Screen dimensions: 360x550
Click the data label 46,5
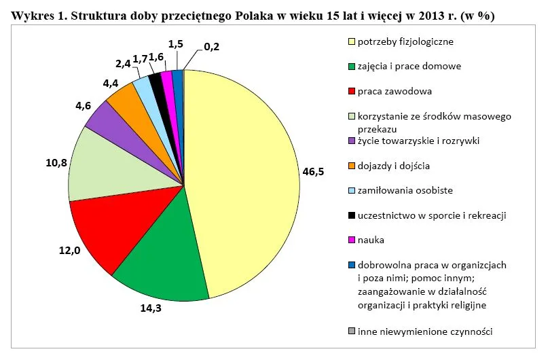pos(313,172)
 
